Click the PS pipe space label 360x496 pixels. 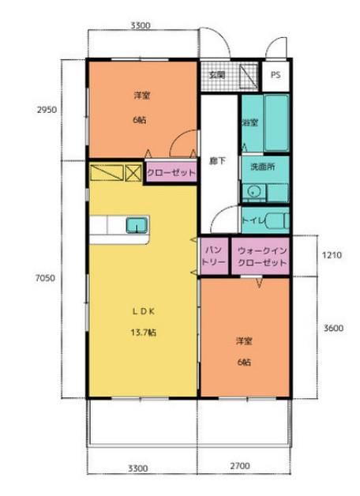pyautogui.click(x=276, y=75)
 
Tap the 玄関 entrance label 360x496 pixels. pyautogui.click(x=217, y=75)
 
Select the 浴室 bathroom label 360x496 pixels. pyautogui.click(x=250, y=122)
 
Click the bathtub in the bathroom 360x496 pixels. pyautogui.click(x=276, y=122)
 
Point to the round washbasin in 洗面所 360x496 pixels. pyautogui.click(x=253, y=191)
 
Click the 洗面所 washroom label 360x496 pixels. pyautogui.click(x=263, y=167)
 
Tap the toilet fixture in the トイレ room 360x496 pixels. pyautogui.click(x=277, y=221)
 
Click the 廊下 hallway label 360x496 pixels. pyautogui.click(x=218, y=160)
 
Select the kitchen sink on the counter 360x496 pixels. pyautogui.click(x=137, y=225)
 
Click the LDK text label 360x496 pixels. pyautogui.click(x=143, y=311)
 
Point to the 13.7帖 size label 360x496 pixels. pyautogui.click(x=143, y=333)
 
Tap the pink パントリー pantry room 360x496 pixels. pyautogui.click(x=214, y=256)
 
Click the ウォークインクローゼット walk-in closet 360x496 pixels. pyautogui.click(x=261, y=256)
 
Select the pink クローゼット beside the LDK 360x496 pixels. pyautogui.click(x=171, y=172)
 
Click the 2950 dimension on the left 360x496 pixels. pyautogui.click(x=47, y=110)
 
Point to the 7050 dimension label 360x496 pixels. pyautogui.click(x=45, y=278)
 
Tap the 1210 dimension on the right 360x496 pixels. pyautogui.click(x=332, y=254)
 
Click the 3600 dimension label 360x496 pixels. pyautogui.click(x=333, y=328)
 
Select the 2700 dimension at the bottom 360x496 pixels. pyautogui.click(x=240, y=466)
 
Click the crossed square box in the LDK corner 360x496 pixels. pyautogui.click(x=133, y=173)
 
